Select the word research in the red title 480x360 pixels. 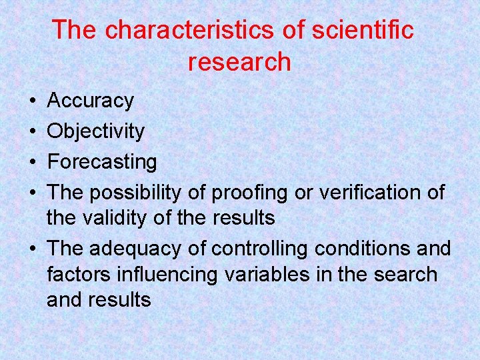pyautogui.click(x=239, y=62)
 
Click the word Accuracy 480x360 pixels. pyautogui.click(x=91, y=101)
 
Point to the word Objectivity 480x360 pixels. pyautogui.click(x=95, y=131)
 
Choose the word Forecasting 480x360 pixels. pyautogui.click(x=102, y=161)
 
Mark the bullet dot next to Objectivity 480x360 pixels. pyautogui.click(x=33, y=132)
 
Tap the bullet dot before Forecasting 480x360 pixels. pyautogui.click(x=33, y=162)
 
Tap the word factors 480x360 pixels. pyautogui.click(x=75, y=274)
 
